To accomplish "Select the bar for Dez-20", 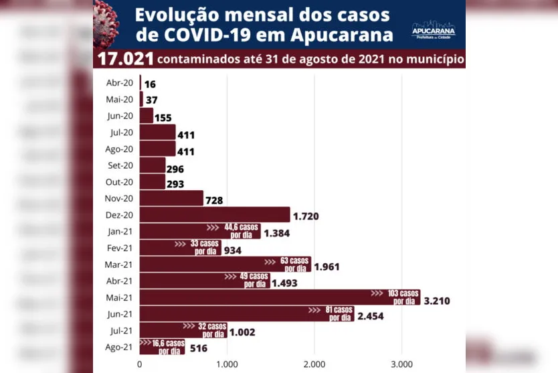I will click(x=214, y=214).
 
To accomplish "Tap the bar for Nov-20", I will click(x=171, y=198).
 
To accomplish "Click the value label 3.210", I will click(x=436, y=301).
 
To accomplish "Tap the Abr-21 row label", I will click(x=120, y=281).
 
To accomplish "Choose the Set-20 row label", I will click(x=120, y=165).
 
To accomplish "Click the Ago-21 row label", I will click(x=120, y=346).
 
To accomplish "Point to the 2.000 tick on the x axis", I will click(x=314, y=364).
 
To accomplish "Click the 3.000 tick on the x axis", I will click(x=401, y=364).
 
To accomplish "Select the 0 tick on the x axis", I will click(x=139, y=364).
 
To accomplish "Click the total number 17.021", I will click(x=125, y=59).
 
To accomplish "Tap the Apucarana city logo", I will click(x=433, y=28).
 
